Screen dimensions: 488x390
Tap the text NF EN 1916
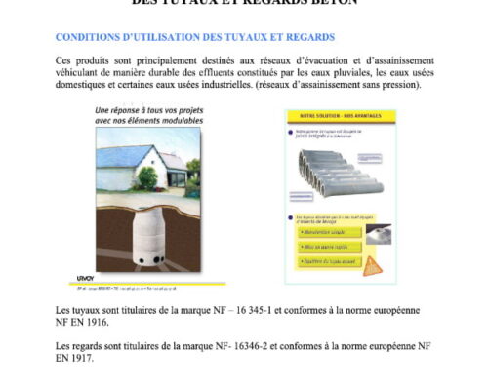point(82,322)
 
